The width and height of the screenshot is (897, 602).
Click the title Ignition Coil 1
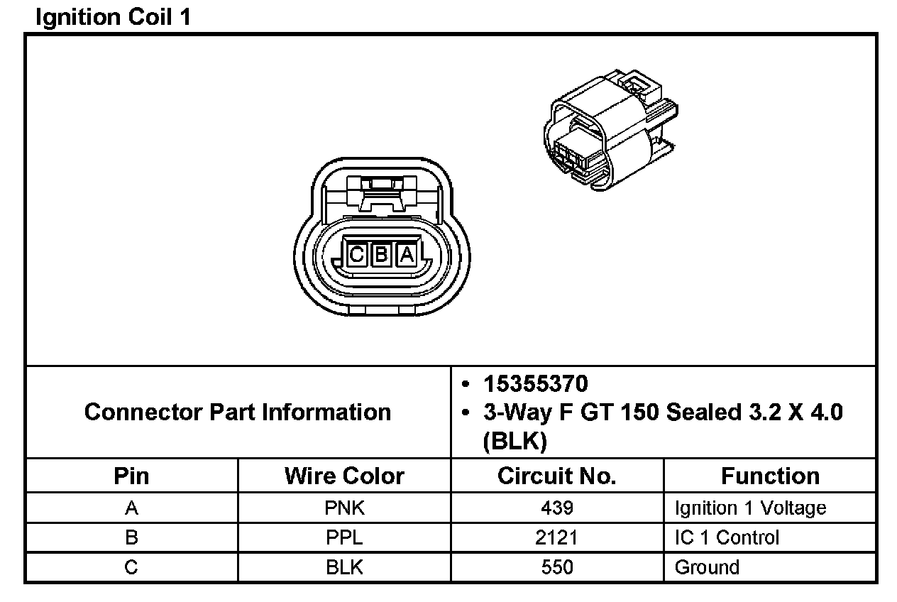click(x=114, y=18)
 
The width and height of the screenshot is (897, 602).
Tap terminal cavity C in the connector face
click(x=356, y=254)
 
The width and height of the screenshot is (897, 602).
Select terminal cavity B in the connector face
click(x=381, y=254)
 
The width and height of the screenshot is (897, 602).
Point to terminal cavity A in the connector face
click(x=407, y=254)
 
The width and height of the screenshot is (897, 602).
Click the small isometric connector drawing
click(x=611, y=130)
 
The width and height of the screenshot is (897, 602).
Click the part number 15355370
click(x=535, y=384)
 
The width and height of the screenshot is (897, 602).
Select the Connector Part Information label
click(x=238, y=412)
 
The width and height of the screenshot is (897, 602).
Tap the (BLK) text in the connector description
click(x=514, y=441)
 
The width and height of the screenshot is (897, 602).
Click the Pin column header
click(x=131, y=476)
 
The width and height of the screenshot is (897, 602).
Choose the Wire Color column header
click(x=344, y=476)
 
